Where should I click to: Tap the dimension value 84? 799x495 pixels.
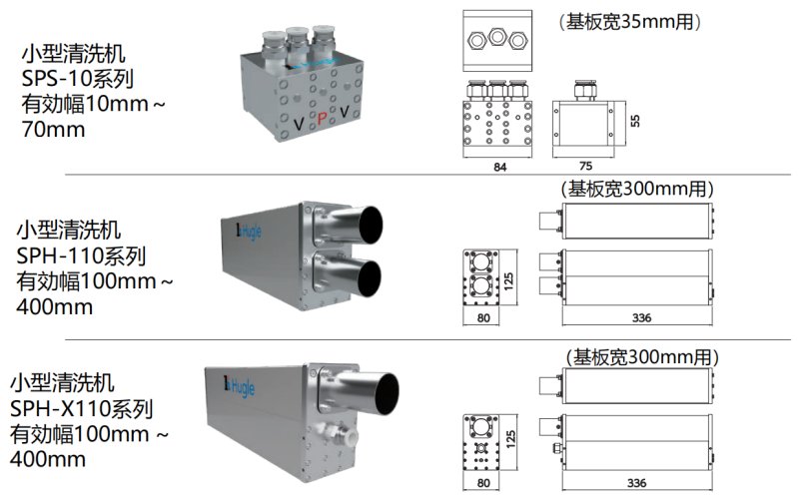point(499,168)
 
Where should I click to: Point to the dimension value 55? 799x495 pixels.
point(633,118)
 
